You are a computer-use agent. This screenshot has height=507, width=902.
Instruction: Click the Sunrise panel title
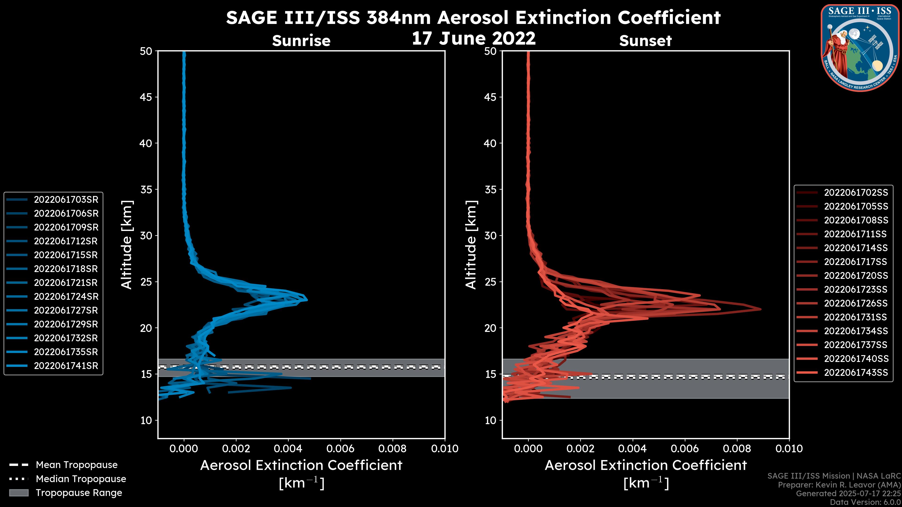(x=301, y=41)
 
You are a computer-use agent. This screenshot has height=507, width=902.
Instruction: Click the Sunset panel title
(x=645, y=41)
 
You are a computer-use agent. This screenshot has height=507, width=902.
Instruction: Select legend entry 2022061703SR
(x=66, y=200)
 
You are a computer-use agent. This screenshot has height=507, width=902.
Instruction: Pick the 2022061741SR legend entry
(x=66, y=366)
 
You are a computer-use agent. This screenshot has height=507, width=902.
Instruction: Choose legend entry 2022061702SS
(x=856, y=192)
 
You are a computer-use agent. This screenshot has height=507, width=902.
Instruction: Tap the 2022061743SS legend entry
(x=856, y=373)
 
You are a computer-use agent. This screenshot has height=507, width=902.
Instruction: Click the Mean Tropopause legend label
(x=77, y=465)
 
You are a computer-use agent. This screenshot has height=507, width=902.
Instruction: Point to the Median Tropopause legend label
(x=81, y=479)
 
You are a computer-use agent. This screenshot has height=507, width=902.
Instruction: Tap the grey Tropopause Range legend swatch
(x=19, y=493)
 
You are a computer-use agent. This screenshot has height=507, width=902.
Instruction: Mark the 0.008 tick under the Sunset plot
(x=737, y=449)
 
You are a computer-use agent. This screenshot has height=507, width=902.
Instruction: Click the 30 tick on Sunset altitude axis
(x=490, y=235)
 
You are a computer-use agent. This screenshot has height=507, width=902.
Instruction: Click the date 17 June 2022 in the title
(x=473, y=38)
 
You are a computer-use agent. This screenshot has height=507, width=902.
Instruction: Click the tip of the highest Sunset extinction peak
(x=761, y=309)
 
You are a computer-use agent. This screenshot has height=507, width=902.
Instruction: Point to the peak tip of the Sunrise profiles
(x=307, y=300)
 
